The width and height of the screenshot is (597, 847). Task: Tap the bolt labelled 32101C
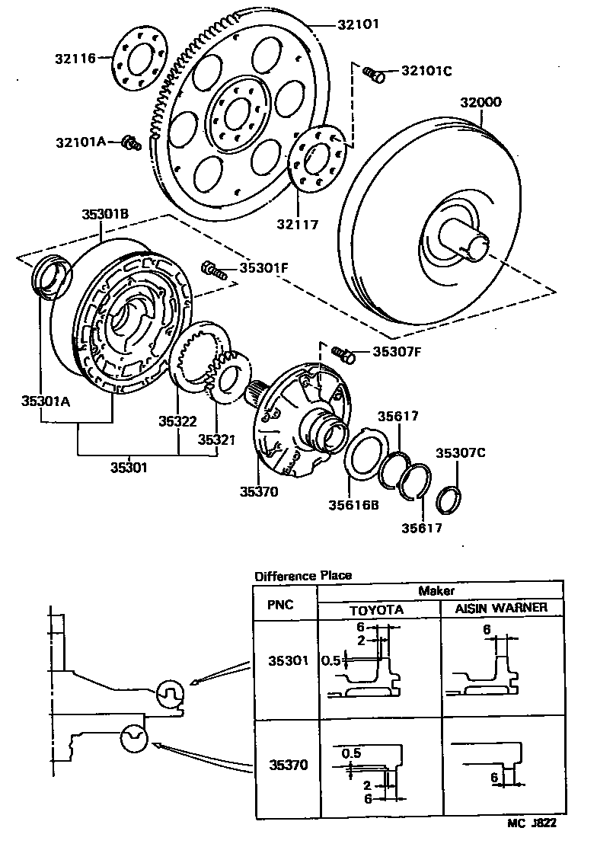[x=372, y=73]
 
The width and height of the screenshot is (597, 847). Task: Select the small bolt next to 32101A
[x=132, y=142]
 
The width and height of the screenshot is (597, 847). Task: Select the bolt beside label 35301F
[x=212, y=268]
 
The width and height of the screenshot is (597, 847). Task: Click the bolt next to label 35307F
[x=345, y=353]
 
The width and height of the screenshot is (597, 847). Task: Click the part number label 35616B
[x=353, y=503]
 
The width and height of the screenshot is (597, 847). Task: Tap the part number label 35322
[x=178, y=420]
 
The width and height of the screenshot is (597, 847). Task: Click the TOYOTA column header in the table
[x=376, y=610]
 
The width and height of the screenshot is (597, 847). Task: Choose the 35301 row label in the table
[x=286, y=661]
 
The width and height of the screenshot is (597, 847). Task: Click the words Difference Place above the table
[x=303, y=575]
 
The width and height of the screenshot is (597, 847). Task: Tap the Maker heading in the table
[x=436, y=590]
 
